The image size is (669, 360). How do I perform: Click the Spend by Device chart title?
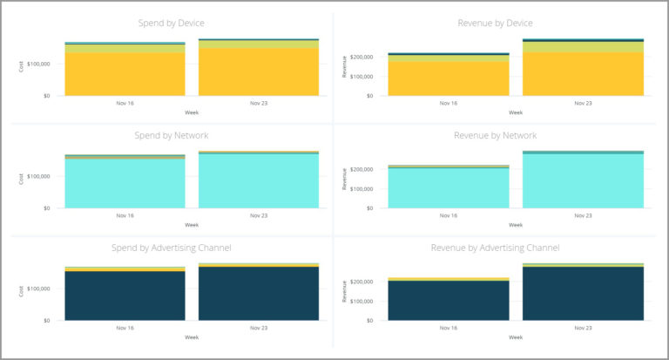coord(172,23)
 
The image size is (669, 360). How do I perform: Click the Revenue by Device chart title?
coord(495,23)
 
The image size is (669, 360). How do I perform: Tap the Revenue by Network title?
coord(495,135)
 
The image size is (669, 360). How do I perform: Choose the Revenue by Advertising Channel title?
coord(495,248)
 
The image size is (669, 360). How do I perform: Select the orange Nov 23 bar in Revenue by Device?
coord(583,74)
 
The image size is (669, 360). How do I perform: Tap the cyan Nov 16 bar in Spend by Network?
coord(125,183)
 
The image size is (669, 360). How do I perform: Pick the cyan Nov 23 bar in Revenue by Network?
coord(583,181)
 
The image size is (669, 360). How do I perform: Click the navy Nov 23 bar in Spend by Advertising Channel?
coord(259,294)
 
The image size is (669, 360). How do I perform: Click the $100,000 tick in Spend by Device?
coord(44,64)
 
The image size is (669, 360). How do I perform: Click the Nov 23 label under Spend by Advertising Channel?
coord(259,328)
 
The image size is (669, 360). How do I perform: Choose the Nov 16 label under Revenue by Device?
coord(449,103)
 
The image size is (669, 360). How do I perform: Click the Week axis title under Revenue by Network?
coord(516,224)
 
